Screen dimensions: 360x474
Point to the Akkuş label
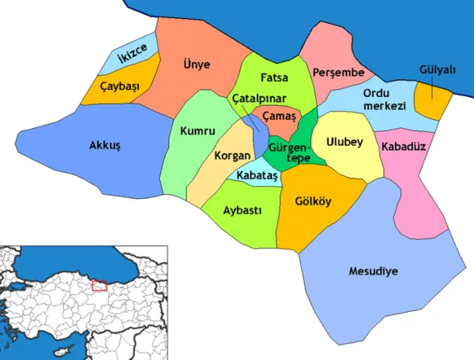[103, 145]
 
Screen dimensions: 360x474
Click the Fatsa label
[273, 78]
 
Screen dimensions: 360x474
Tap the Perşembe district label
[337, 72]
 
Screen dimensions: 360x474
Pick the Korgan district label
[231, 156]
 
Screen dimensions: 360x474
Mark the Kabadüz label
[403, 147]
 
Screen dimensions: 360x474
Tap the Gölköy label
[312, 200]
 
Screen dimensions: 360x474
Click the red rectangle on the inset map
[99, 285]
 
